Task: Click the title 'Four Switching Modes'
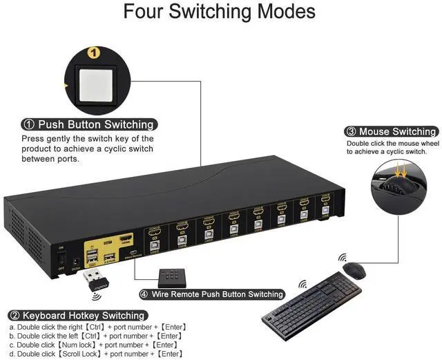tap(220, 12)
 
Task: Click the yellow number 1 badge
tap(95, 52)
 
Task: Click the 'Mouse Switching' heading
tap(391, 131)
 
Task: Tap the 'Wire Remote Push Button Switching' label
tap(213, 294)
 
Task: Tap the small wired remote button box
tap(172, 277)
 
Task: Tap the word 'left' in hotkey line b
tap(71, 336)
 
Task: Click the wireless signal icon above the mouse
tap(343, 258)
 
